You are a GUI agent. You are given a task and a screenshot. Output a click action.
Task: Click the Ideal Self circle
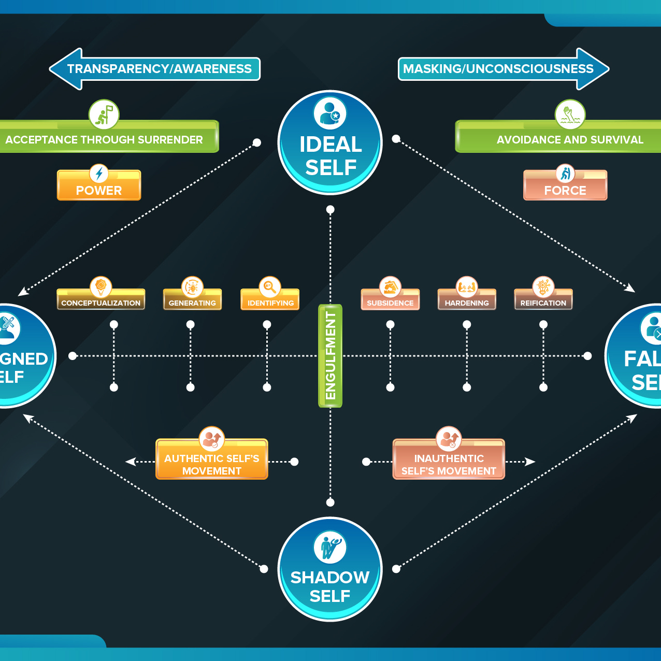(330, 150)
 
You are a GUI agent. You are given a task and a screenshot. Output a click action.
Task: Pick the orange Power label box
(99, 189)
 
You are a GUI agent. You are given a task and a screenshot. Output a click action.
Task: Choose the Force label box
(565, 189)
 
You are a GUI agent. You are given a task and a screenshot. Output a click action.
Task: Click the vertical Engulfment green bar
(330, 355)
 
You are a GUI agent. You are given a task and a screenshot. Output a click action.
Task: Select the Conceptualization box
(100, 302)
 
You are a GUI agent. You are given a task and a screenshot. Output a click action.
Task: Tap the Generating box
(192, 302)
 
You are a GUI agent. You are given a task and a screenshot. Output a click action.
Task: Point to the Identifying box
(270, 302)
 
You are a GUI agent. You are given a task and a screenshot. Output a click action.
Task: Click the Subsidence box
(390, 302)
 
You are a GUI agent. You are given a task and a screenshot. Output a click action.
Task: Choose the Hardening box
(467, 302)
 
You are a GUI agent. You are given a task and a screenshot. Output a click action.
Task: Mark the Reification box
(543, 302)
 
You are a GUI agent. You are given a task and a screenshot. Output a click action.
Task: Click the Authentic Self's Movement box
(212, 464)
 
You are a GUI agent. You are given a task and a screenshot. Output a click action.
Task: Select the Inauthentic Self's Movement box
(449, 464)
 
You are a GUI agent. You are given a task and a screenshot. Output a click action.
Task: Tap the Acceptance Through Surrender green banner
(106, 139)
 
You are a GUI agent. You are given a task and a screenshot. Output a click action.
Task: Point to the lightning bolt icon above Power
(99, 174)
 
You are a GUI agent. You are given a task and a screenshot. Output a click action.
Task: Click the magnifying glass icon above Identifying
(270, 286)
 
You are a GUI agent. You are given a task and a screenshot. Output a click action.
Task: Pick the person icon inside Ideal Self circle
(329, 112)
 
